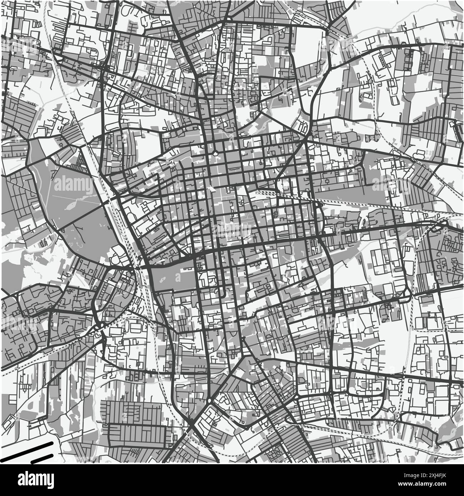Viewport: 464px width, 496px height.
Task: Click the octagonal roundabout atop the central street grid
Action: click(215, 153)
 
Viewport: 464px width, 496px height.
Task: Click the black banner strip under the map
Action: click(232, 480)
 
